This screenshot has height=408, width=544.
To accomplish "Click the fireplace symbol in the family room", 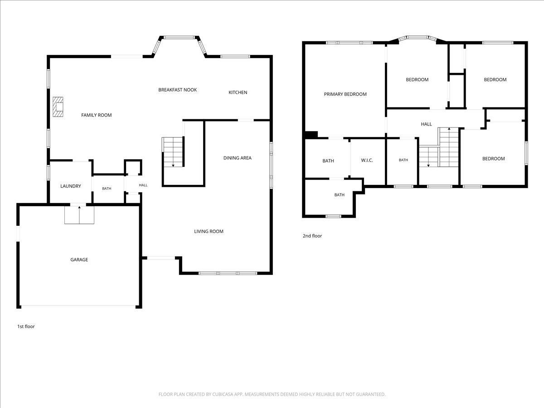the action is pos(58,107).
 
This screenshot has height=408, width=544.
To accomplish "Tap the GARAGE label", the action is pos(79,260).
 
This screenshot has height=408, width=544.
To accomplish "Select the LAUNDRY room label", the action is pos(71,186).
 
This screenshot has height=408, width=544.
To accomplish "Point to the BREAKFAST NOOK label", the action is pos(177,90).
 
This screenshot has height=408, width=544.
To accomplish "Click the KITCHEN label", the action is pos(238,92).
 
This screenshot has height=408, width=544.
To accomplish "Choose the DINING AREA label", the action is pos(238,158).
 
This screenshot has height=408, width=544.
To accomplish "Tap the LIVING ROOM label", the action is pos(209,231).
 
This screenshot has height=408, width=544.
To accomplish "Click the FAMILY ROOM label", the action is pos(97,115).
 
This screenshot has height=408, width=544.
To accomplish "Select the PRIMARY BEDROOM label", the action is pos(345,94).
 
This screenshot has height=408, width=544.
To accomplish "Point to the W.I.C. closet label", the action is pos(367,160).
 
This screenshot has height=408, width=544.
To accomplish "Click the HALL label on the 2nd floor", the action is pos(426,124).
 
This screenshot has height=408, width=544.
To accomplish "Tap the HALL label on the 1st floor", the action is pos(143,185).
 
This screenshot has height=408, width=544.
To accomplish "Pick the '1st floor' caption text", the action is pos(26,326).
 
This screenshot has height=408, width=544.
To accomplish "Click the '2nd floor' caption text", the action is pos(312,236).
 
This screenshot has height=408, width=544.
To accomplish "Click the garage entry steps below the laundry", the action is pos(79,215).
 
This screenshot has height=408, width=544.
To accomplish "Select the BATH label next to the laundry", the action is pos(107,189).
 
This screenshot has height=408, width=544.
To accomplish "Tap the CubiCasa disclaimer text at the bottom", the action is pos(272,394).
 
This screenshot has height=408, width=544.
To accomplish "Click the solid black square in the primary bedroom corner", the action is pos(311,135).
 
